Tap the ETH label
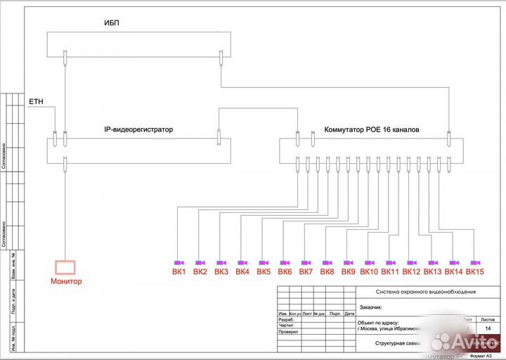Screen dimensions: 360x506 (36, 102)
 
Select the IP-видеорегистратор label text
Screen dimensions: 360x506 (138, 130)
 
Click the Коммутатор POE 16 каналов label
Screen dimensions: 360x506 (372, 130)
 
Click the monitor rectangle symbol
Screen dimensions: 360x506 (65, 267)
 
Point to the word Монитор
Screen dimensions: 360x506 (65, 281)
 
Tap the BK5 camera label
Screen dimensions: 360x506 (264, 271)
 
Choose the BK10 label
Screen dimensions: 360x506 (369, 271)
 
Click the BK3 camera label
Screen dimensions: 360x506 (221, 271)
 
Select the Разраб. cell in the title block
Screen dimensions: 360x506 (280, 319)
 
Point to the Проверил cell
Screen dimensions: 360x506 (281, 331)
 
